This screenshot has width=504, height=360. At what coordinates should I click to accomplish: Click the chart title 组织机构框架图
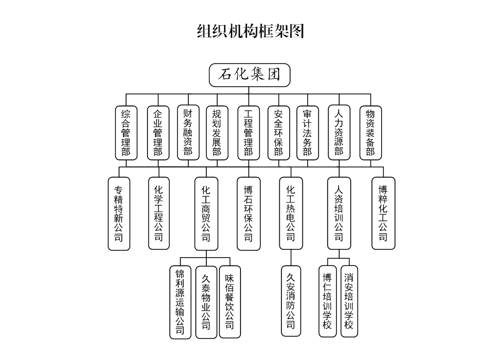250,31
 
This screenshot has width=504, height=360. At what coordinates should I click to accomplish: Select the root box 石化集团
249,75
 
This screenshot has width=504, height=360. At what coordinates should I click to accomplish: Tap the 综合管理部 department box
126,133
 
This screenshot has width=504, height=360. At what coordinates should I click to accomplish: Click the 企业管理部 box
158,133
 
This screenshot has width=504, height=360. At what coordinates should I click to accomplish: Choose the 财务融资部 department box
188,133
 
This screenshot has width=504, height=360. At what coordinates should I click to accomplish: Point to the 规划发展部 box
217,133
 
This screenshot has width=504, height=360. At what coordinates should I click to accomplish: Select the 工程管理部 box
249,133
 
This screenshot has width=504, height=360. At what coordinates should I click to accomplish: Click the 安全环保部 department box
278,133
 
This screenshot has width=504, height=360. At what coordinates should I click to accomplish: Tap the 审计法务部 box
308,133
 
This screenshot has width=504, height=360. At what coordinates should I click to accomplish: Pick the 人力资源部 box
339,133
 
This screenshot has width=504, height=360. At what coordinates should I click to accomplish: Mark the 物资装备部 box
371,133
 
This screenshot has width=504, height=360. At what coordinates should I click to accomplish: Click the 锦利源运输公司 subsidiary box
180,302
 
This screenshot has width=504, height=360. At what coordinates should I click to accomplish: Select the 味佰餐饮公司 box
229,302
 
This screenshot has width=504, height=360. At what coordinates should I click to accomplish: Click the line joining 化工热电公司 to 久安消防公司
291,258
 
